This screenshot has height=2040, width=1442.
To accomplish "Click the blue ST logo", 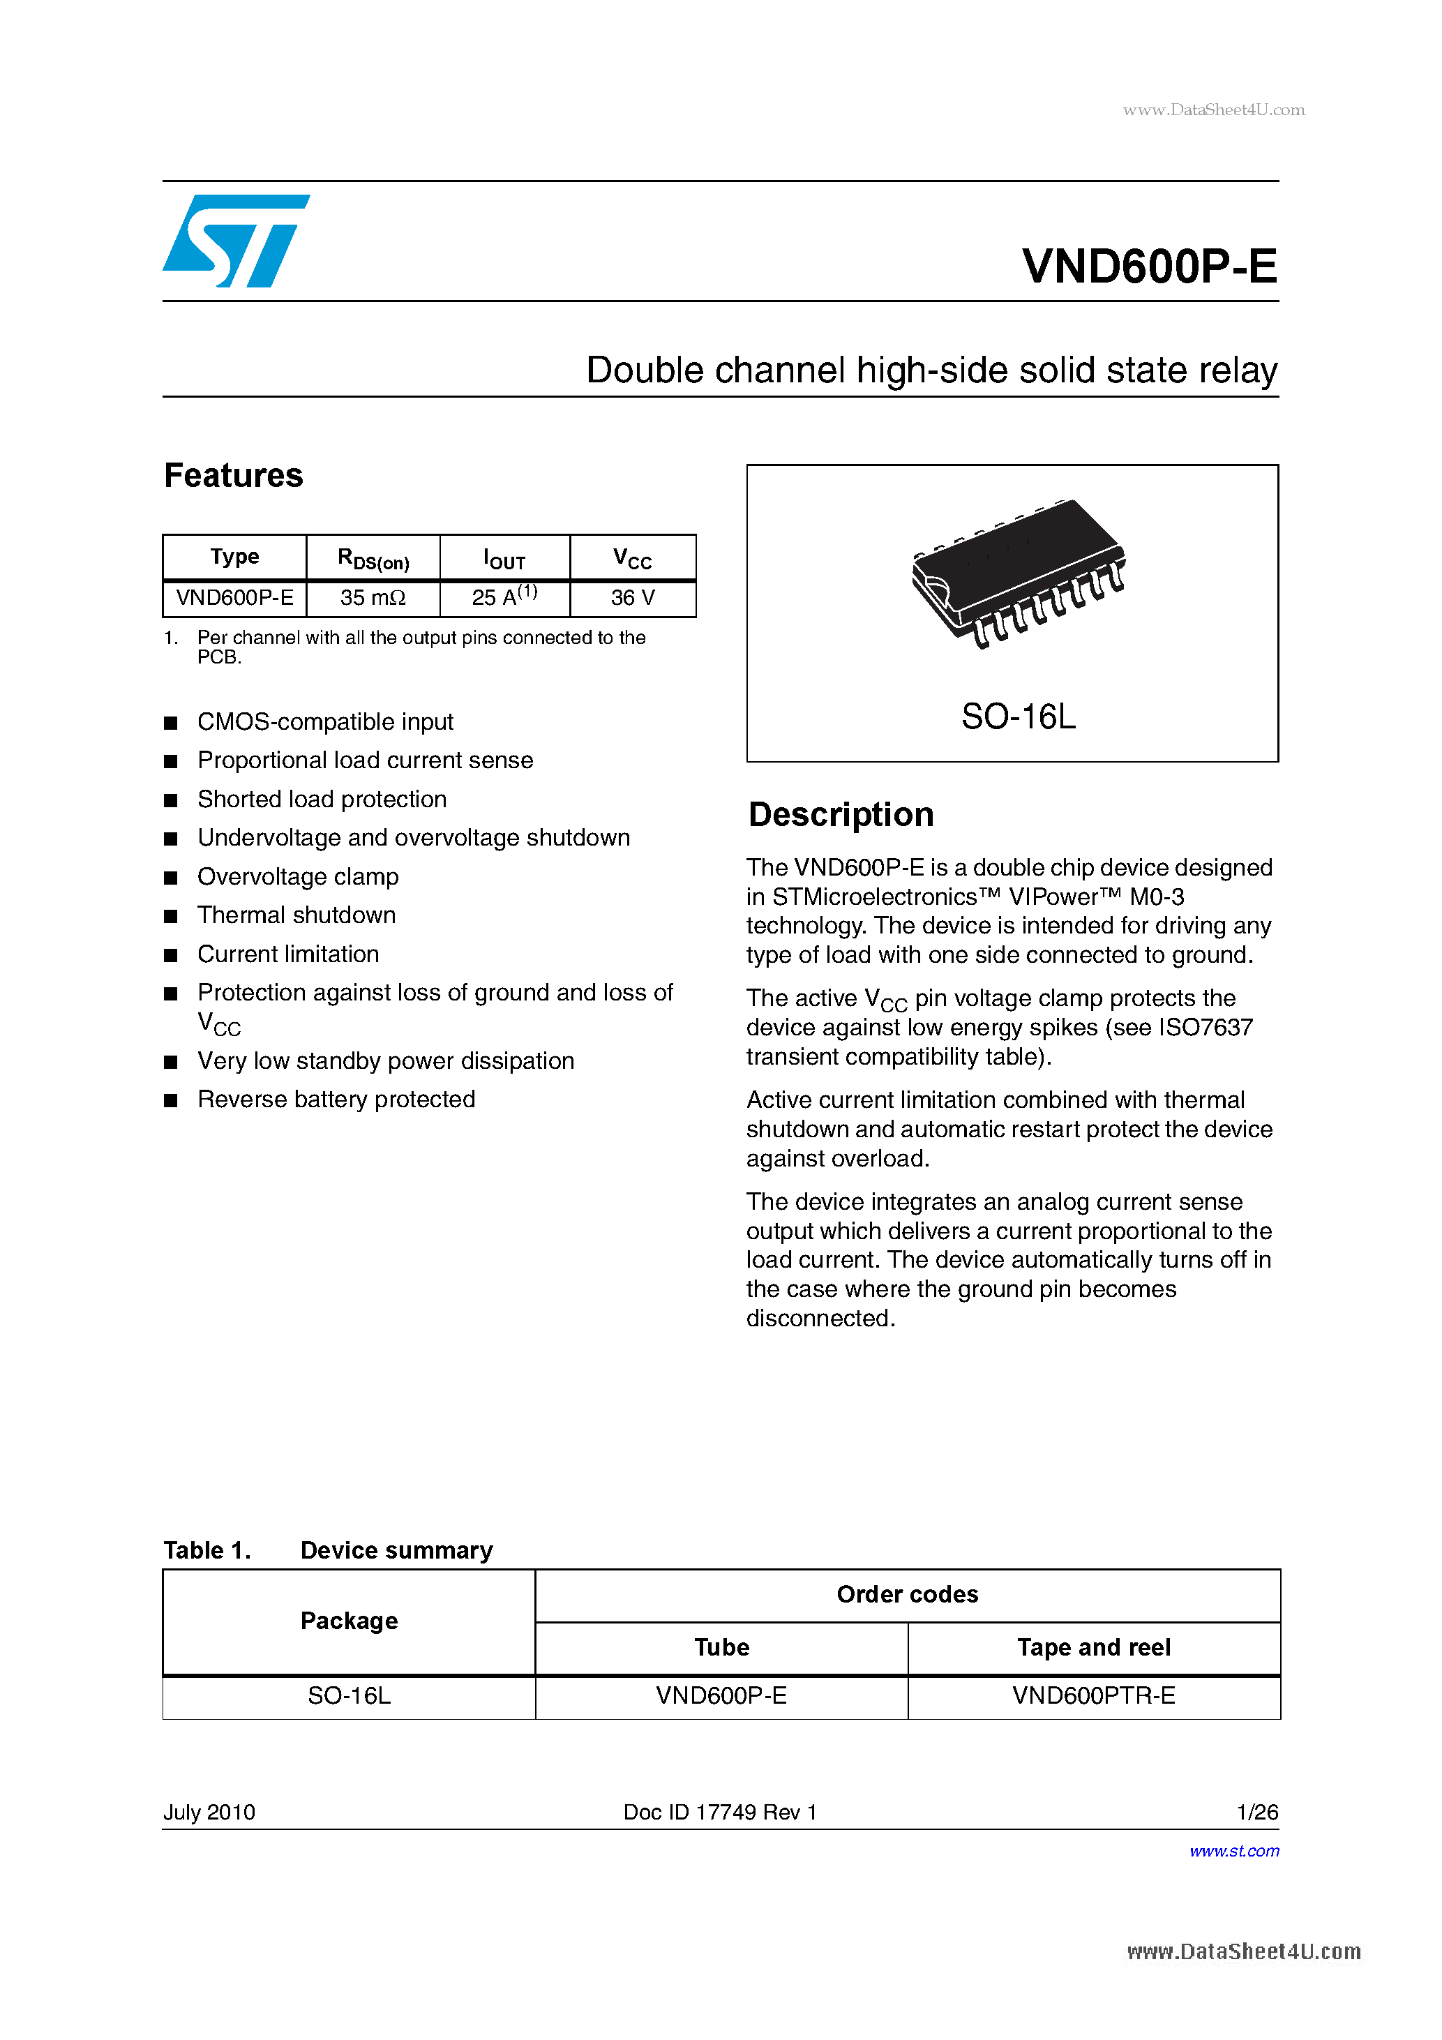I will tap(235, 241).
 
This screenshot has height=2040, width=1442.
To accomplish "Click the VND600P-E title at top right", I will tap(1149, 266).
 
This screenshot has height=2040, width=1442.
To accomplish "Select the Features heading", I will tap(234, 475).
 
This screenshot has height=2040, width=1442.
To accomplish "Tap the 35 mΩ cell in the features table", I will tap(373, 598).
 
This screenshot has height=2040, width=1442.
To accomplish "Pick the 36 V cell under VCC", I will tap(633, 598).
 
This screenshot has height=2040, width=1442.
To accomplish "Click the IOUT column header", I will tap(504, 559).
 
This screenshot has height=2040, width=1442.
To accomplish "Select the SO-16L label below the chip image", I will tap(1019, 716).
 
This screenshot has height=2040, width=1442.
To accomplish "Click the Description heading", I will tap(841, 815).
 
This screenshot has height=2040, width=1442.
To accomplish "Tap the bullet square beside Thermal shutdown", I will tap(171, 916).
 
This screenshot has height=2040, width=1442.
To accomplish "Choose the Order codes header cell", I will tap(907, 1595).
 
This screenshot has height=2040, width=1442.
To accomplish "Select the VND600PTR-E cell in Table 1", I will tap(1094, 1696).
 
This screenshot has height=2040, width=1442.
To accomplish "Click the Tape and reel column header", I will tap(1094, 1647).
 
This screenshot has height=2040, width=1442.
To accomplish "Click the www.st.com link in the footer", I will tap(1234, 1851).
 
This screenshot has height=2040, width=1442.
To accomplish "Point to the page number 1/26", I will tap(1257, 1812).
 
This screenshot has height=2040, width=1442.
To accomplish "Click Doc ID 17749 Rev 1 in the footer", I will tap(720, 1812).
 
